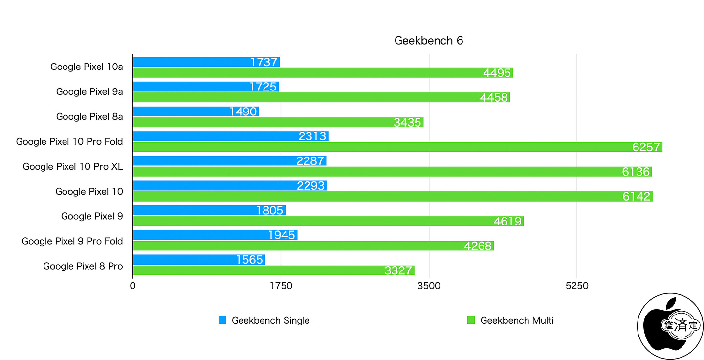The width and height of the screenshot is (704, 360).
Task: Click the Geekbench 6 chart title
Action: (x=428, y=41)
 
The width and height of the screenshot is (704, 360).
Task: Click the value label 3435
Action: (x=407, y=123)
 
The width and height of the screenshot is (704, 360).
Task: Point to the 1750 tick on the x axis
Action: (x=281, y=286)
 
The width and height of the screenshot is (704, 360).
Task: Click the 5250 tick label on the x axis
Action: (x=577, y=286)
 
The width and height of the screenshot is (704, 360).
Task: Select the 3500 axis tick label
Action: (x=429, y=286)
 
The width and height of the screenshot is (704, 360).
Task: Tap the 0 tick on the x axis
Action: (x=133, y=286)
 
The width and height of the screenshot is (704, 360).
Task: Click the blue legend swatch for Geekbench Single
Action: (x=222, y=320)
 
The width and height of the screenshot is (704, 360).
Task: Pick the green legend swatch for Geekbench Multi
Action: (x=471, y=320)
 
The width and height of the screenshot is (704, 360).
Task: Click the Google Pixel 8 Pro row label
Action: (x=83, y=266)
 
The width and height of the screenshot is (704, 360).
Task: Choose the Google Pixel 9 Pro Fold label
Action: (x=72, y=241)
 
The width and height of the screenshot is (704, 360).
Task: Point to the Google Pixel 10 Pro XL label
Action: (x=73, y=167)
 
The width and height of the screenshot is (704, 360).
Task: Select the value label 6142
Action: (x=637, y=197)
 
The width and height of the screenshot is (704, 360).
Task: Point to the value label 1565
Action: (x=249, y=260)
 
